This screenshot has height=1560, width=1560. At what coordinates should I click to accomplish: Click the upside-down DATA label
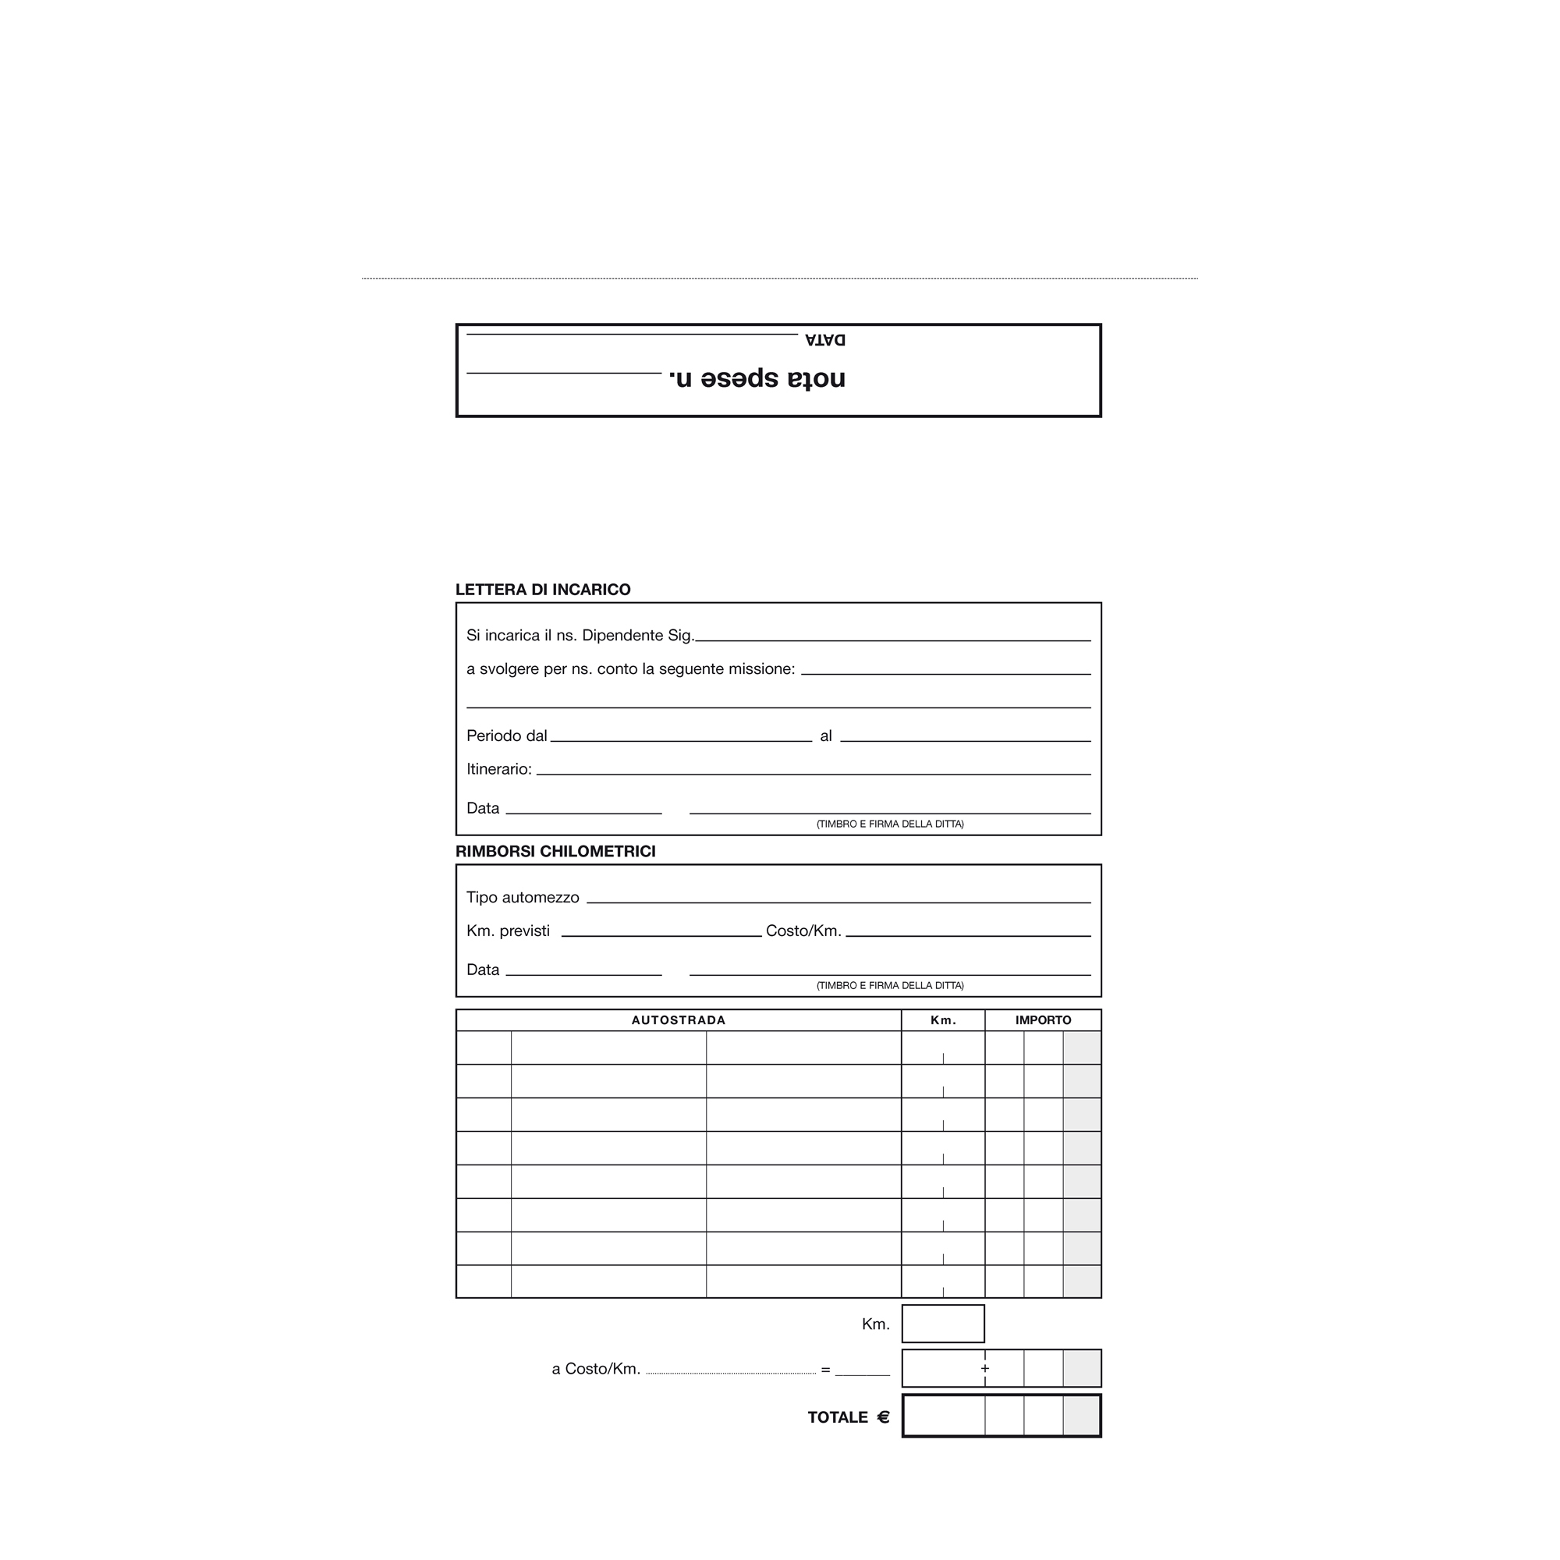click(824, 340)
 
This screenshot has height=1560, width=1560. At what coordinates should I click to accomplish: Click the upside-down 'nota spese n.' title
click(757, 378)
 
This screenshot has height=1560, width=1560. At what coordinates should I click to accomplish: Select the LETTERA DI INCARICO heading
click(543, 590)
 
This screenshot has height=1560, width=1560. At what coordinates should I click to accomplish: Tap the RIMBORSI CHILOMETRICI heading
click(555, 851)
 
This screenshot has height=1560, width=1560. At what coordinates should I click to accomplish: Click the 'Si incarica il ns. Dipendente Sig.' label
click(580, 636)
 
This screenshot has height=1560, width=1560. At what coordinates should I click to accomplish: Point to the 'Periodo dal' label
click(506, 736)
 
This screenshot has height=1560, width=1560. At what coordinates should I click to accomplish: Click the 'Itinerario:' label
click(499, 769)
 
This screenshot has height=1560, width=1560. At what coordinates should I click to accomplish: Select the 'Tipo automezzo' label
click(523, 897)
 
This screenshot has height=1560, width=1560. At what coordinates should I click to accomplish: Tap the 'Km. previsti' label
click(508, 931)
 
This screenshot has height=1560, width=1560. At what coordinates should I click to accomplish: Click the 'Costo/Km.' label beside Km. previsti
click(803, 931)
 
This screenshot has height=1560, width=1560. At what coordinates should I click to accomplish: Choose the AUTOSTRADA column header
click(679, 1019)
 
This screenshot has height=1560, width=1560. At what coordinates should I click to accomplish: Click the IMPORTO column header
click(1043, 1019)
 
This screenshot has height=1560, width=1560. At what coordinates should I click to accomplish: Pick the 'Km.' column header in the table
click(943, 1019)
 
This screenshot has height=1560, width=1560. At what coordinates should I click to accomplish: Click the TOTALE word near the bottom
click(837, 1417)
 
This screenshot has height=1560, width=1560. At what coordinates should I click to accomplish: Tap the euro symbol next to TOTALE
click(884, 1417)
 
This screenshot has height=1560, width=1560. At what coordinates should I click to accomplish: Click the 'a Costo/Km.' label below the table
click(596, 1369)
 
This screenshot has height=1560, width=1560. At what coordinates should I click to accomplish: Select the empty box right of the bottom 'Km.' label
click(943, 1324)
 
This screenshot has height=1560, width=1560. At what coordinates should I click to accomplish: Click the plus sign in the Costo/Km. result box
click(985, 1369)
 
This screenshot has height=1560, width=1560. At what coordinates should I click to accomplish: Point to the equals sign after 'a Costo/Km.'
click(825, 1370)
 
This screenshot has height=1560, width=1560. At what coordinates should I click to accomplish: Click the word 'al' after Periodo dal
click(826, 736)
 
